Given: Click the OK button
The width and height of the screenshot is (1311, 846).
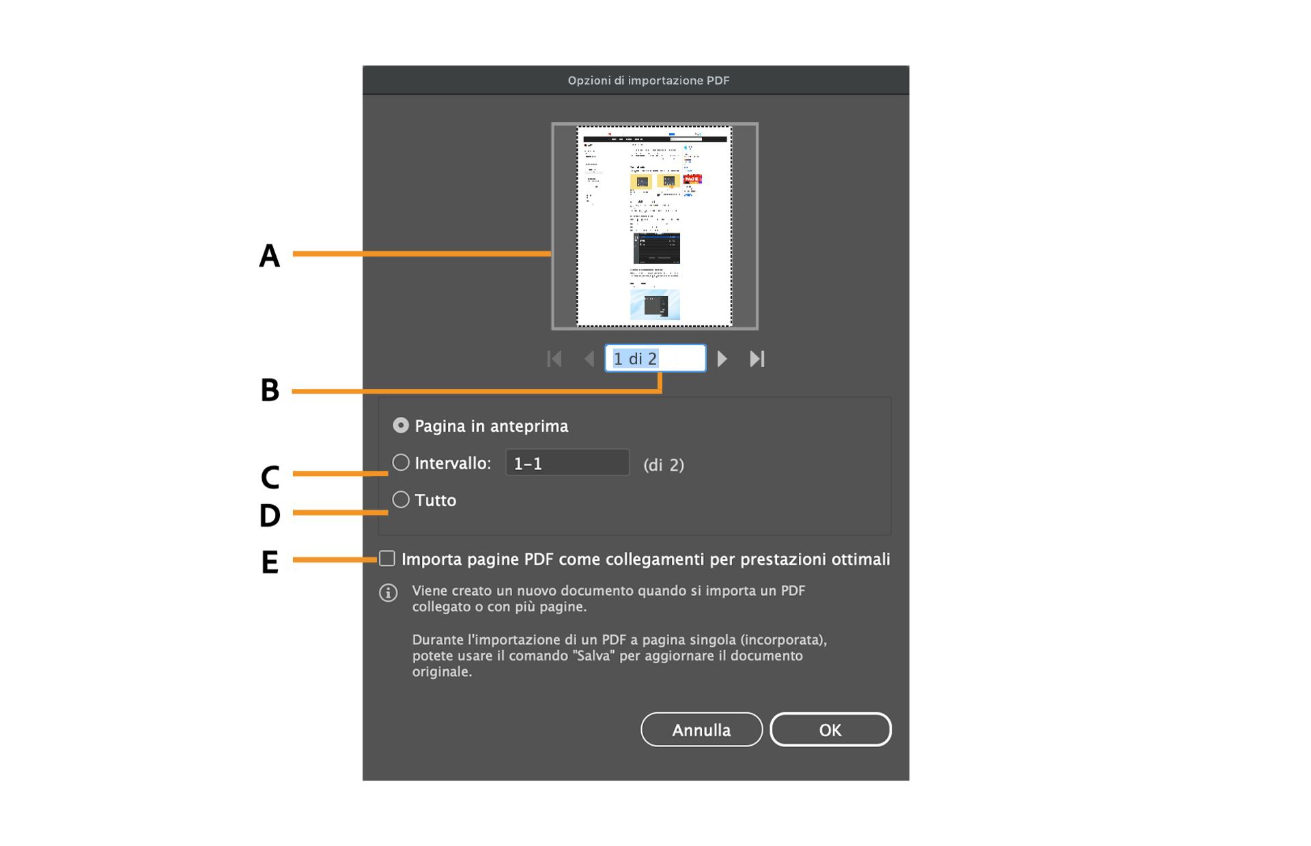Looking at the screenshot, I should [830, 729].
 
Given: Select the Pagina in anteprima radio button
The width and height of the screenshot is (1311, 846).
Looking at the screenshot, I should [401, 426].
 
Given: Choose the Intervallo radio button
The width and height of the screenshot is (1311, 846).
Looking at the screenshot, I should [401, 463].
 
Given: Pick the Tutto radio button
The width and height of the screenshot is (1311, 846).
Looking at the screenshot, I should [401, 499].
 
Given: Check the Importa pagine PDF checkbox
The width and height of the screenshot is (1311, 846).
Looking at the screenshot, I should [387, 559].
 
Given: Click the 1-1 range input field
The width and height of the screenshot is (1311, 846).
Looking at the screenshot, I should [567, 463].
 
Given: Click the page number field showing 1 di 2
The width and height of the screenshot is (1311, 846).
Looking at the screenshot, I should [655, 358].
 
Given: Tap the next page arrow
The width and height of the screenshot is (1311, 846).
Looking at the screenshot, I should [722, 358].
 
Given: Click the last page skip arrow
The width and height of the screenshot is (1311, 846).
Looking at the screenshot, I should [757, 358].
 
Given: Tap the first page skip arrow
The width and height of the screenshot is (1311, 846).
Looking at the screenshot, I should [554, 358].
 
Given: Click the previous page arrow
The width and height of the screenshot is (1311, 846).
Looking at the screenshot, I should [589, 358].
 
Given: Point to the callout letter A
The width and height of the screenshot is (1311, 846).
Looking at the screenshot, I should [270, 256].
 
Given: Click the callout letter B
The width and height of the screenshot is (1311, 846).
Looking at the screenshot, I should [270, 390].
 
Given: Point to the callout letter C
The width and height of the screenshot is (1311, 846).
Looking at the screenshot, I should [270, 477].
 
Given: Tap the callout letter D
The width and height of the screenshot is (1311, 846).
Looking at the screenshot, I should [270, 515].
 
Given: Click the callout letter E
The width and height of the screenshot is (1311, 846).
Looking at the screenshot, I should [270, 562].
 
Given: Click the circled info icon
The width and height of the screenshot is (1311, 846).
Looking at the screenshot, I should [389, 592].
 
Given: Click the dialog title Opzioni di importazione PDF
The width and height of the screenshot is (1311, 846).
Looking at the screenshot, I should [649, 81].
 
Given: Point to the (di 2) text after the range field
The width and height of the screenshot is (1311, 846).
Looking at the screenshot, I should [663, 465].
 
